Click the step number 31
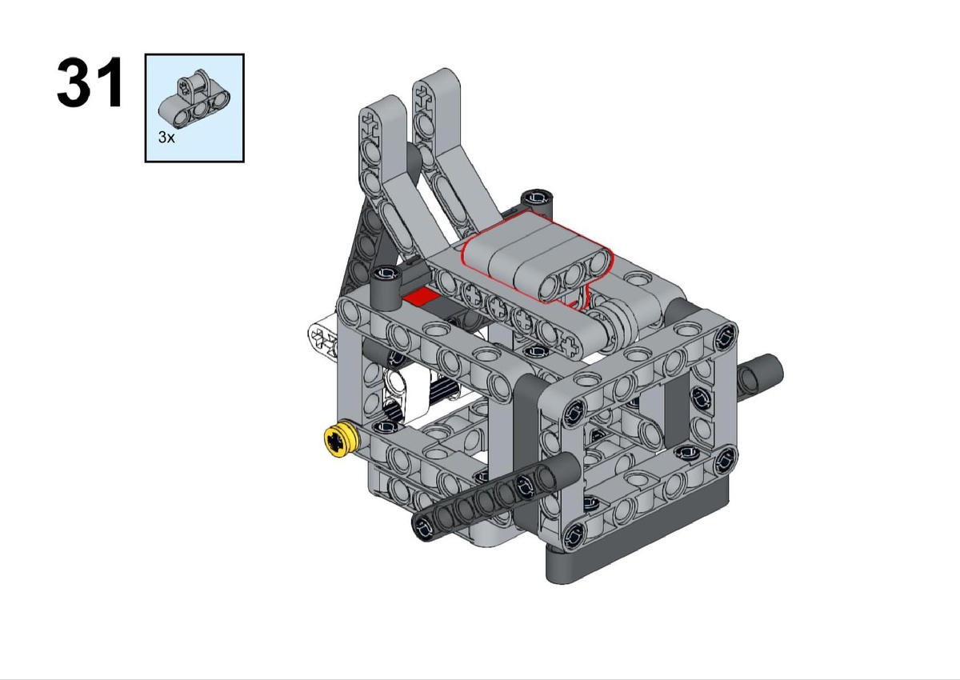[x=90, y=82]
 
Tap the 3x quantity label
[x=166, y=138]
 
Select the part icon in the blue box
[x=194, y=100]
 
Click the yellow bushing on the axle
[x=341, y=440]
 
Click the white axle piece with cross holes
[x=322, y=339]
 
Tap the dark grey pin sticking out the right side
[x=759, y=374]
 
